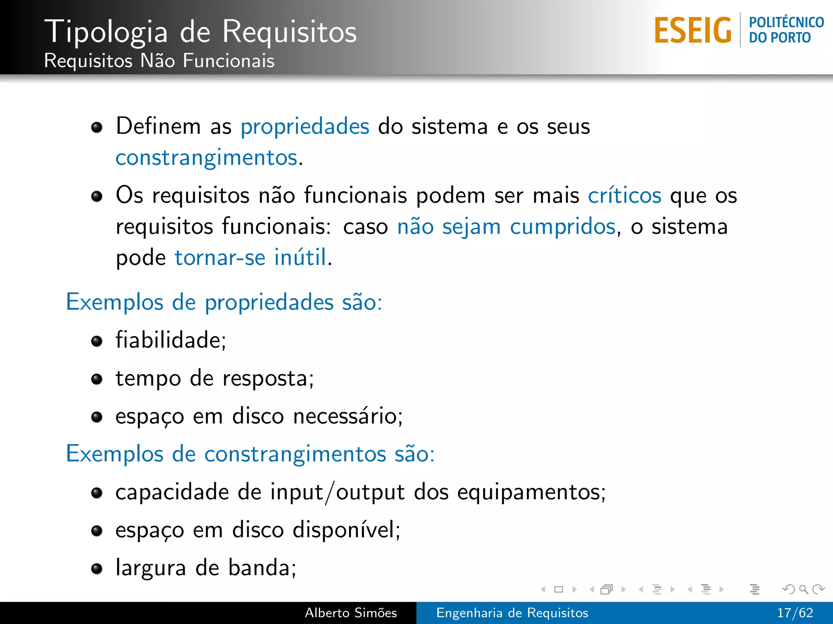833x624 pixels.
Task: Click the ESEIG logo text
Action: [692, 30]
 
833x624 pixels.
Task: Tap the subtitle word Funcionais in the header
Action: [228, 61]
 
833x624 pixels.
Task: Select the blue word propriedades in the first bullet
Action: [305, 126]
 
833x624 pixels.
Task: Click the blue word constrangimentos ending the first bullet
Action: [206, 158]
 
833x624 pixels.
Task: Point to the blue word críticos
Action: [624, 195]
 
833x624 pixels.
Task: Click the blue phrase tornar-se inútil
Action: [250, 258]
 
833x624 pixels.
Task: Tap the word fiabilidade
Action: [170, 340]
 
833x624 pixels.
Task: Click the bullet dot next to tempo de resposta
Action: [97, 379]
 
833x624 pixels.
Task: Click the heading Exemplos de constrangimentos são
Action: [250, 454]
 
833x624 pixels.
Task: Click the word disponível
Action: [346, 530]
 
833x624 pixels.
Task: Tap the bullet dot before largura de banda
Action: [97, 569]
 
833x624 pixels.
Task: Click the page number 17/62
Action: [794, 613]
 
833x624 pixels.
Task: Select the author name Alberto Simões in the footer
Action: [351, 613]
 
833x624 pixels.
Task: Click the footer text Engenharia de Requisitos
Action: [512, 613]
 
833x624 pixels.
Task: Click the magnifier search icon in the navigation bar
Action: [803, 589]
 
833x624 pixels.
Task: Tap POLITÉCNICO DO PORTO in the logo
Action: [786, 30]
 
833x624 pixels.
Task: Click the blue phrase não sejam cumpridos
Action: [506, 227]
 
